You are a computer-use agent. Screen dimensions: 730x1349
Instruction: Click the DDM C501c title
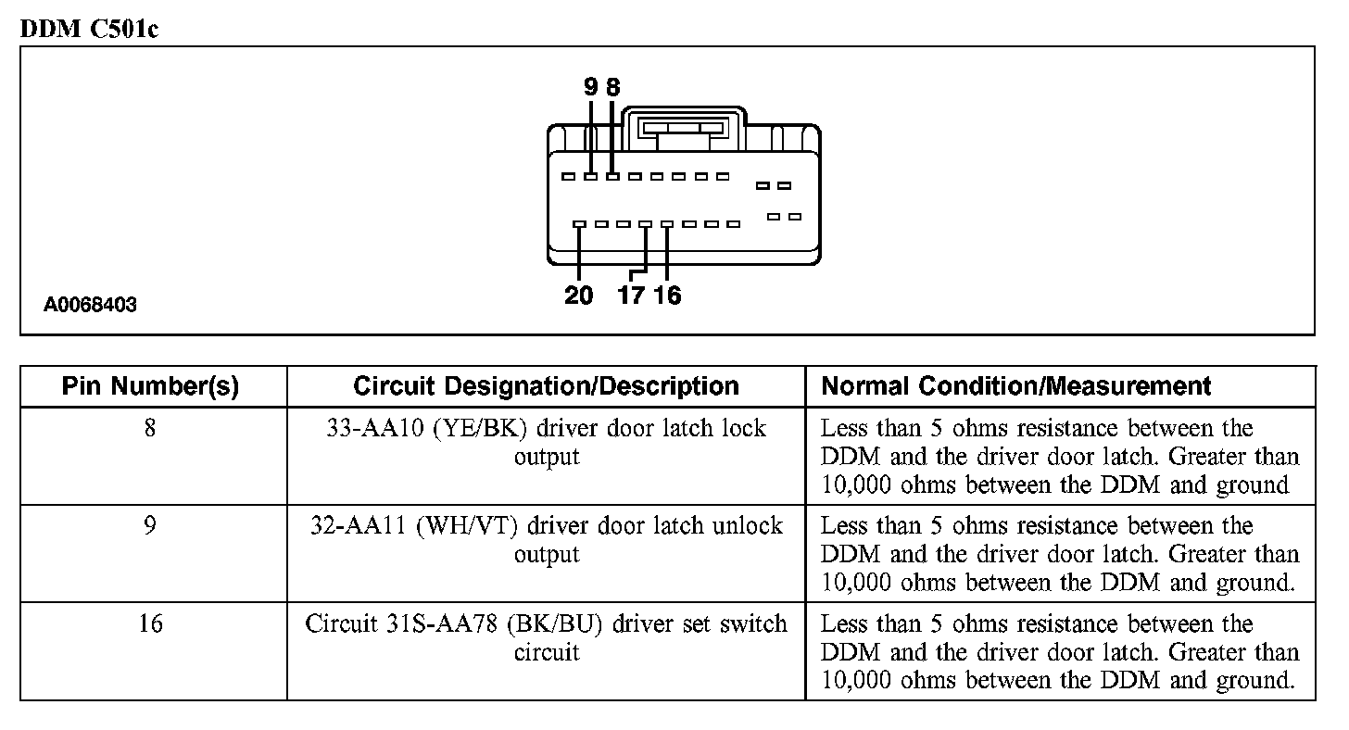[x=89, y=28]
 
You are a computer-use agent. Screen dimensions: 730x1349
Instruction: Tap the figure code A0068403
[x=90, y=305]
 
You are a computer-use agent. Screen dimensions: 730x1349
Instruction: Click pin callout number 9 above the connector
[x=591, y=87]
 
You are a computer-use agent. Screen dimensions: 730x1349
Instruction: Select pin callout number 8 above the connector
[x=612, y=87]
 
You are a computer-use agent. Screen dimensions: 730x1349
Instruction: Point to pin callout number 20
[x=579, y=296]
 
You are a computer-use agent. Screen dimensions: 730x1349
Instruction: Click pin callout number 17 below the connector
[x=631, y=296]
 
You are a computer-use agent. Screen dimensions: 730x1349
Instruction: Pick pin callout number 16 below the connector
[x=667, y=296]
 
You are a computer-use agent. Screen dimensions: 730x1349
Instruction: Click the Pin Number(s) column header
[x=150, y=386]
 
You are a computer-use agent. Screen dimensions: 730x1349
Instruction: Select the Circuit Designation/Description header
[x=546, y=386]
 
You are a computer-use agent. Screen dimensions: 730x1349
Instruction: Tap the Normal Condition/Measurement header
[x=1016, y=386]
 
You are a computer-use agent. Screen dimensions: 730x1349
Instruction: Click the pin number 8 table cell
[x=150, y=429]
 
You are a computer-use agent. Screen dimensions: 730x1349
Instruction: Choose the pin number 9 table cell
[x=150, y=526]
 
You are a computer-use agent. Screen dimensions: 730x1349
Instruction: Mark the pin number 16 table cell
[x=150, y=623]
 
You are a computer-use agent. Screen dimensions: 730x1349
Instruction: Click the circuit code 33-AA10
[x=367, y=429]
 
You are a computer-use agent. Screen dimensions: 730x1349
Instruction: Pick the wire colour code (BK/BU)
[x=556, y=623]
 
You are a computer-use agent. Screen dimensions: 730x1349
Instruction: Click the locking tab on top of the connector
[x=684, y=128]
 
